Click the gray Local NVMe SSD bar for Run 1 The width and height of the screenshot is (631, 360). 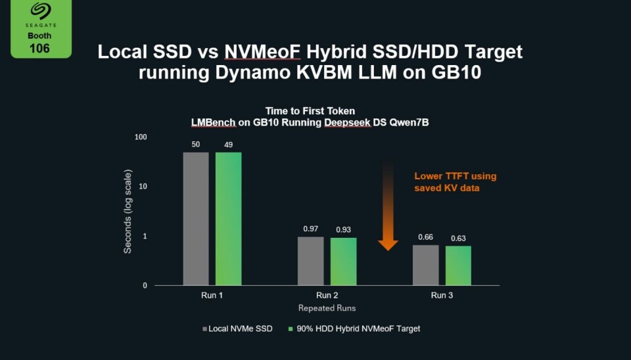point(196,219)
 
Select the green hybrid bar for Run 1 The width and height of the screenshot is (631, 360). point(228,219)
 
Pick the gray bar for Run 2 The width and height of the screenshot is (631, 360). point(311,261)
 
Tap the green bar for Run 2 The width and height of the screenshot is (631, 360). point(343,261)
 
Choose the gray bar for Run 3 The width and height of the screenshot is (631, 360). point(425,265)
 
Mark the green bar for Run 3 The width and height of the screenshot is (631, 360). point(458,265)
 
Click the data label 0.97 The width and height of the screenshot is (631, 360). point(311,229)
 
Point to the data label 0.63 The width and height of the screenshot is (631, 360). point(458,238)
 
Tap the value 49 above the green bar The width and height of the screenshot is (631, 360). point(228,145)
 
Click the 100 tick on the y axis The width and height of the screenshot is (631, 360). point(141,137)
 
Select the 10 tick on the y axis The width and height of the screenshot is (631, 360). point(143,187)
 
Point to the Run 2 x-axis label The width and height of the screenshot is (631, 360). point(327,296)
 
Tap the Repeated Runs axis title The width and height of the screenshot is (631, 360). point(327,308)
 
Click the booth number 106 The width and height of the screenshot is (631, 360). point(40,48)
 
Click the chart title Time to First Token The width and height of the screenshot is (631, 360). point(310,111)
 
